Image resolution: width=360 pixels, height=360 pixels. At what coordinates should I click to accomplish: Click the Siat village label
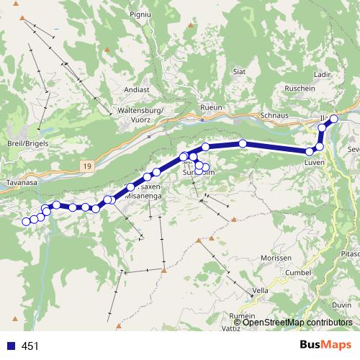click(240, 72)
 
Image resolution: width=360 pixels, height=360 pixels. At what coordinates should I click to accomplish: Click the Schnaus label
click(274, 115)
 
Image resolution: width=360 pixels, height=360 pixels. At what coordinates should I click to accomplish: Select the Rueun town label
click(212, 107)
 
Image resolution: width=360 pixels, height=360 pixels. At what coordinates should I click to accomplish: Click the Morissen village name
click(276, 258)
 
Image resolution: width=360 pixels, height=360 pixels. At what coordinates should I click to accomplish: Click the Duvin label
click(343, 305)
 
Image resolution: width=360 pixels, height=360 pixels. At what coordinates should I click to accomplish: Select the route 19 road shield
click(87, 166)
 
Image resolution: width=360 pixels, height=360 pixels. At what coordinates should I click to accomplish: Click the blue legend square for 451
click(11, 346)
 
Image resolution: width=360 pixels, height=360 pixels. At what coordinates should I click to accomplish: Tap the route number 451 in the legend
click(30, 346)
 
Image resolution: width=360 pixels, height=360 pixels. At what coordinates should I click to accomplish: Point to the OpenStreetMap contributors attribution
click(297, 323)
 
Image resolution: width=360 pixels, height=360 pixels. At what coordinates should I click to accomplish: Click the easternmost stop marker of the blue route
click(333, 119)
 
